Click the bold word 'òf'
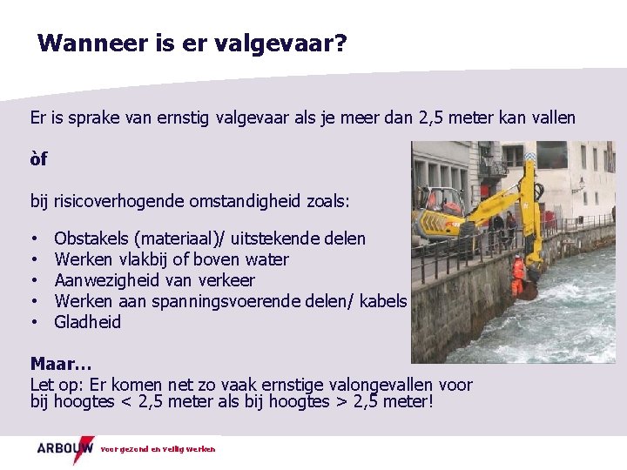(38, 159)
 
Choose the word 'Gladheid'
(87, 322)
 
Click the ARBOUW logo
(64, 448)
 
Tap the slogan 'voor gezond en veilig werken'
(158, 449)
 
